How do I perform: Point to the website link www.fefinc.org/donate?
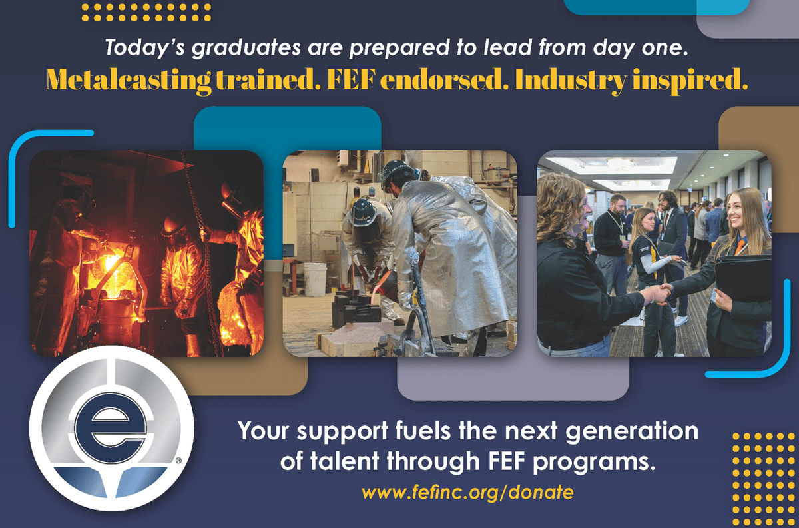[x=467, y=493]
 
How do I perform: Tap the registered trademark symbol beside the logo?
[x=178, y=459]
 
